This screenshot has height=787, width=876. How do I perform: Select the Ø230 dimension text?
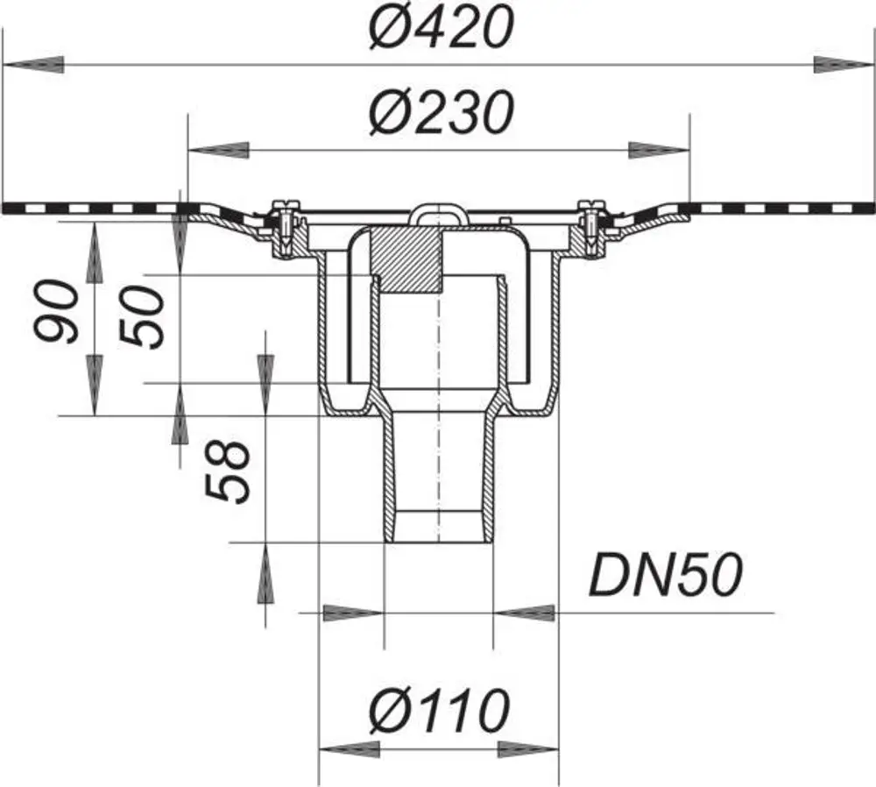tap(441, 112)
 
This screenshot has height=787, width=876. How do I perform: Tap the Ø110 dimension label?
tap(439, 711)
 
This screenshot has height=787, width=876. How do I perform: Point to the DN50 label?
tap(666, 575)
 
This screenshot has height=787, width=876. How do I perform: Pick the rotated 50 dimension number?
tap(142, 317)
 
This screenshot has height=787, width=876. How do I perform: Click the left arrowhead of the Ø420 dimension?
tap(33, 65)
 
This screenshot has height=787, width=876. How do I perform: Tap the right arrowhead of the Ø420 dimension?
tap(843, 65)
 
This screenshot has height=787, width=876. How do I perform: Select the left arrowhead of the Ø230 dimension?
tap(218, 150)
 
